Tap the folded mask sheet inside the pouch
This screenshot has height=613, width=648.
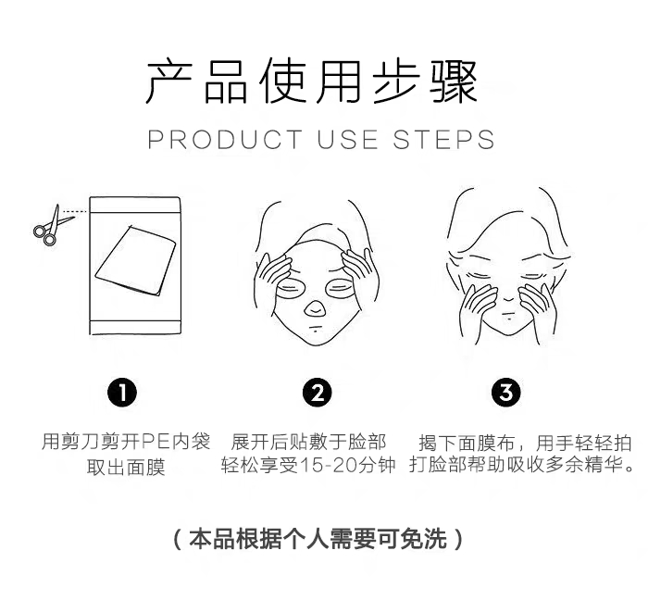click(135, 260)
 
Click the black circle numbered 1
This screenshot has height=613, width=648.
click(122, 392)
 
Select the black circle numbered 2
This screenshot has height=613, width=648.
click(317, 392)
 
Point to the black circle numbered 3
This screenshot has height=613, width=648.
click(506, 392)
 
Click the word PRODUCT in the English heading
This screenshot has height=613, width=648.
click(225, 139)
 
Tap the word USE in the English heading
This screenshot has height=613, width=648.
click(347, 139)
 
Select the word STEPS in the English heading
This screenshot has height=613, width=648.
click(443, 139)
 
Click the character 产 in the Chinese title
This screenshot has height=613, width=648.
click(169, 81)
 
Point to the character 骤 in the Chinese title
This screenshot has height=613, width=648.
click(454, 81)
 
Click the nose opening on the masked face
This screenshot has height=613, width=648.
click(314, 308)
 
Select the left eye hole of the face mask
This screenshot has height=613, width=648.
click(292, 287)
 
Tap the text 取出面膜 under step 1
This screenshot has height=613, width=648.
click(126, 468)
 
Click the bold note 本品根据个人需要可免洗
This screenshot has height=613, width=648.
click(318, 539)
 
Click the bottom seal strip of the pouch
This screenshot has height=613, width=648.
click(135, 327)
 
